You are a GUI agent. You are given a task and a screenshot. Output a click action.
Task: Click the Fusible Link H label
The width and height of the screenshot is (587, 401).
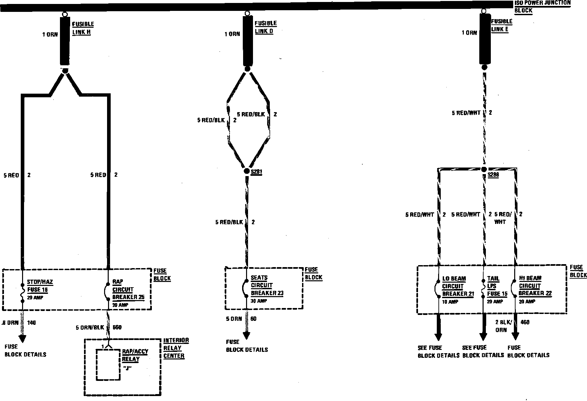83,28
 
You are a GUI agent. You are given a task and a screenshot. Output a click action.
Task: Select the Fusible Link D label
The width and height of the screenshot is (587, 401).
266,27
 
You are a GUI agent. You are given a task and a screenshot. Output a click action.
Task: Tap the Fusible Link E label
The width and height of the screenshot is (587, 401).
501,25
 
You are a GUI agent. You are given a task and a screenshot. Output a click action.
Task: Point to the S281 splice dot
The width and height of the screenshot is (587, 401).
247,171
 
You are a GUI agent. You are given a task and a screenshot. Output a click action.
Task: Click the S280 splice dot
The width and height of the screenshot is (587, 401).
484,169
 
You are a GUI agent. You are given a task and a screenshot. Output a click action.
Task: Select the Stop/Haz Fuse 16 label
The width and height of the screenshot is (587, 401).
40,286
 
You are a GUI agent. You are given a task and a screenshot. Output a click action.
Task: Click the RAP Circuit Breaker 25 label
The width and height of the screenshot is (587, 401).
128,290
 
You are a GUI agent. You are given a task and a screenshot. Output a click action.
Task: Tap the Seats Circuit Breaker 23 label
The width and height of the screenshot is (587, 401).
266,286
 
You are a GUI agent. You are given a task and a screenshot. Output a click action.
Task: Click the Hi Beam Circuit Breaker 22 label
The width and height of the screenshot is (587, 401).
535,286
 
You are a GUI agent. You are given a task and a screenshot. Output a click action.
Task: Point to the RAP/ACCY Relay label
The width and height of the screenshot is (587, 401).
135,355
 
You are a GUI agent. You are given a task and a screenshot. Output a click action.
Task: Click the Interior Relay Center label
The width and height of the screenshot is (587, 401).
176,348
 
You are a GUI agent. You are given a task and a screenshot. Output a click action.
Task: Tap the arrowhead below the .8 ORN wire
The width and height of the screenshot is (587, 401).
22,338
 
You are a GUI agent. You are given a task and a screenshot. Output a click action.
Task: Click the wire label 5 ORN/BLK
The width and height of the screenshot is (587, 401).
90,327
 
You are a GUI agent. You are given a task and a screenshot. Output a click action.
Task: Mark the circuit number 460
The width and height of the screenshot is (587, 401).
525,322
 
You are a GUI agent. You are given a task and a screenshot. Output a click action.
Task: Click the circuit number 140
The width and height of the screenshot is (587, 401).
32,323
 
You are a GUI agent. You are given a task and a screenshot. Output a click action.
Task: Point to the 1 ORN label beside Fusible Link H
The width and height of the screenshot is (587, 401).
50,34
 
